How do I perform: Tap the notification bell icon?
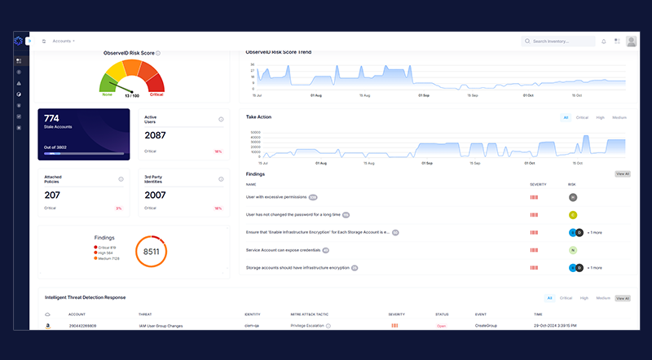coord(604,41)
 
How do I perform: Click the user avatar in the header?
coord(631,41)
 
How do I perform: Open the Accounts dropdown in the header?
coord(64,40)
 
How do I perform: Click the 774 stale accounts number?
coord(51,118)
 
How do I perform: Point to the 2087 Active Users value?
coord(156,135)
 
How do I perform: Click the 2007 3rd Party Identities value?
coord(156,195)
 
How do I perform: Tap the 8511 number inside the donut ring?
coord(151,252)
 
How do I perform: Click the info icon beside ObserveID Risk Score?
coord(158,53)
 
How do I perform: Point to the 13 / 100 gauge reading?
coord(132,94)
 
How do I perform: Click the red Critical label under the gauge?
coord(156,94)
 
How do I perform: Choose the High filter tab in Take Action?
coord(600,117)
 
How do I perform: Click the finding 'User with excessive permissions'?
coord(275,197)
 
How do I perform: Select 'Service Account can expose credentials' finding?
coord(282,250)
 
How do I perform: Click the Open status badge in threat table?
coord(442,326)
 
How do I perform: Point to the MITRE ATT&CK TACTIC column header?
coord(311,313)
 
